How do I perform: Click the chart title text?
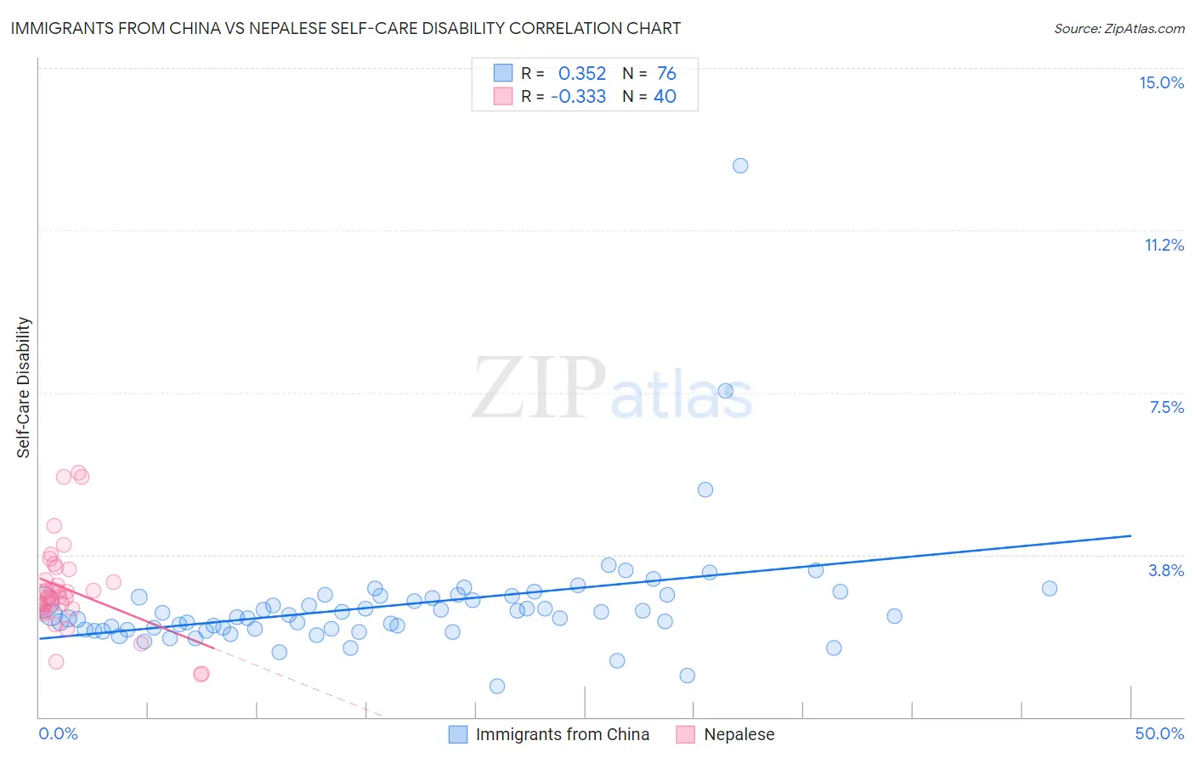[346, 28]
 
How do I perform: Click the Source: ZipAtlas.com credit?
[1119, 28]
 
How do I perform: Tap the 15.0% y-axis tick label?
[1161, 82]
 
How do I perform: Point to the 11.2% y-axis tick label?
[1164, 245]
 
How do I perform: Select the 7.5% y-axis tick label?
[1166, 407]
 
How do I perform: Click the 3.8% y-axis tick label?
[1166, 570]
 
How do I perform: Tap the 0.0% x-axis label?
[58, 733]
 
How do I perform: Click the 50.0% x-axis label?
[1159, 733]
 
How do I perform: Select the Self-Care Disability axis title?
[24, 387]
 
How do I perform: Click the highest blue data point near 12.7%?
[740, 166]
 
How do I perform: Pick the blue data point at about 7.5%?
[726, 391]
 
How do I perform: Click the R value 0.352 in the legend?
[582, 74]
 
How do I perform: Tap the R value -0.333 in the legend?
[579, 96]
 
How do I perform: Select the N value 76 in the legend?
[666, 74]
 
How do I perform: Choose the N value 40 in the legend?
[665, 96]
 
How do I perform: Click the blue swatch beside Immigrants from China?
[458, 734]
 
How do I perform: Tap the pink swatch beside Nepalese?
[686, 734]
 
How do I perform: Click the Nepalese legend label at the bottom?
[739, 734]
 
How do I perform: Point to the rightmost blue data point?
[1050, 589]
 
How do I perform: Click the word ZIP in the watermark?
[538, 388]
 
